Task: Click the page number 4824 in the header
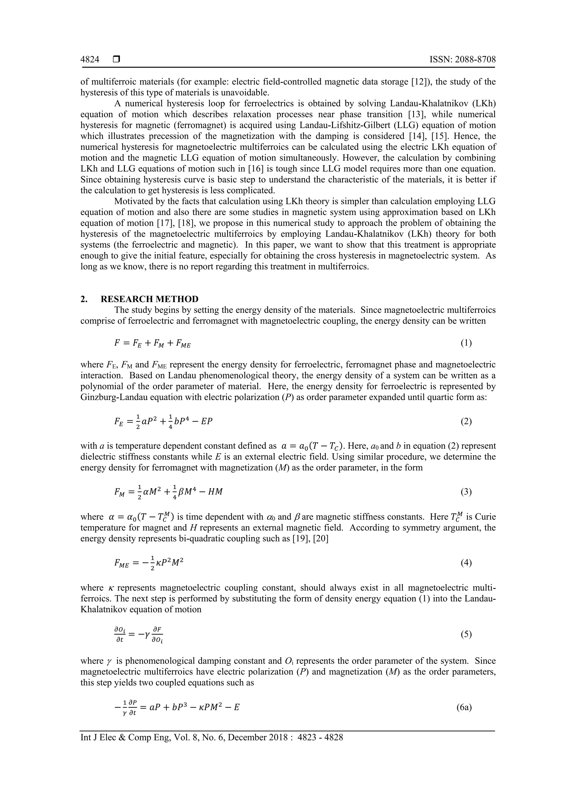(x=90, y=60)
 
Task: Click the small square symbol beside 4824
(x=116, y=60)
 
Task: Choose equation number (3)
(x=466, y=492)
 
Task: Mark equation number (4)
(x=466, y=562)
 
